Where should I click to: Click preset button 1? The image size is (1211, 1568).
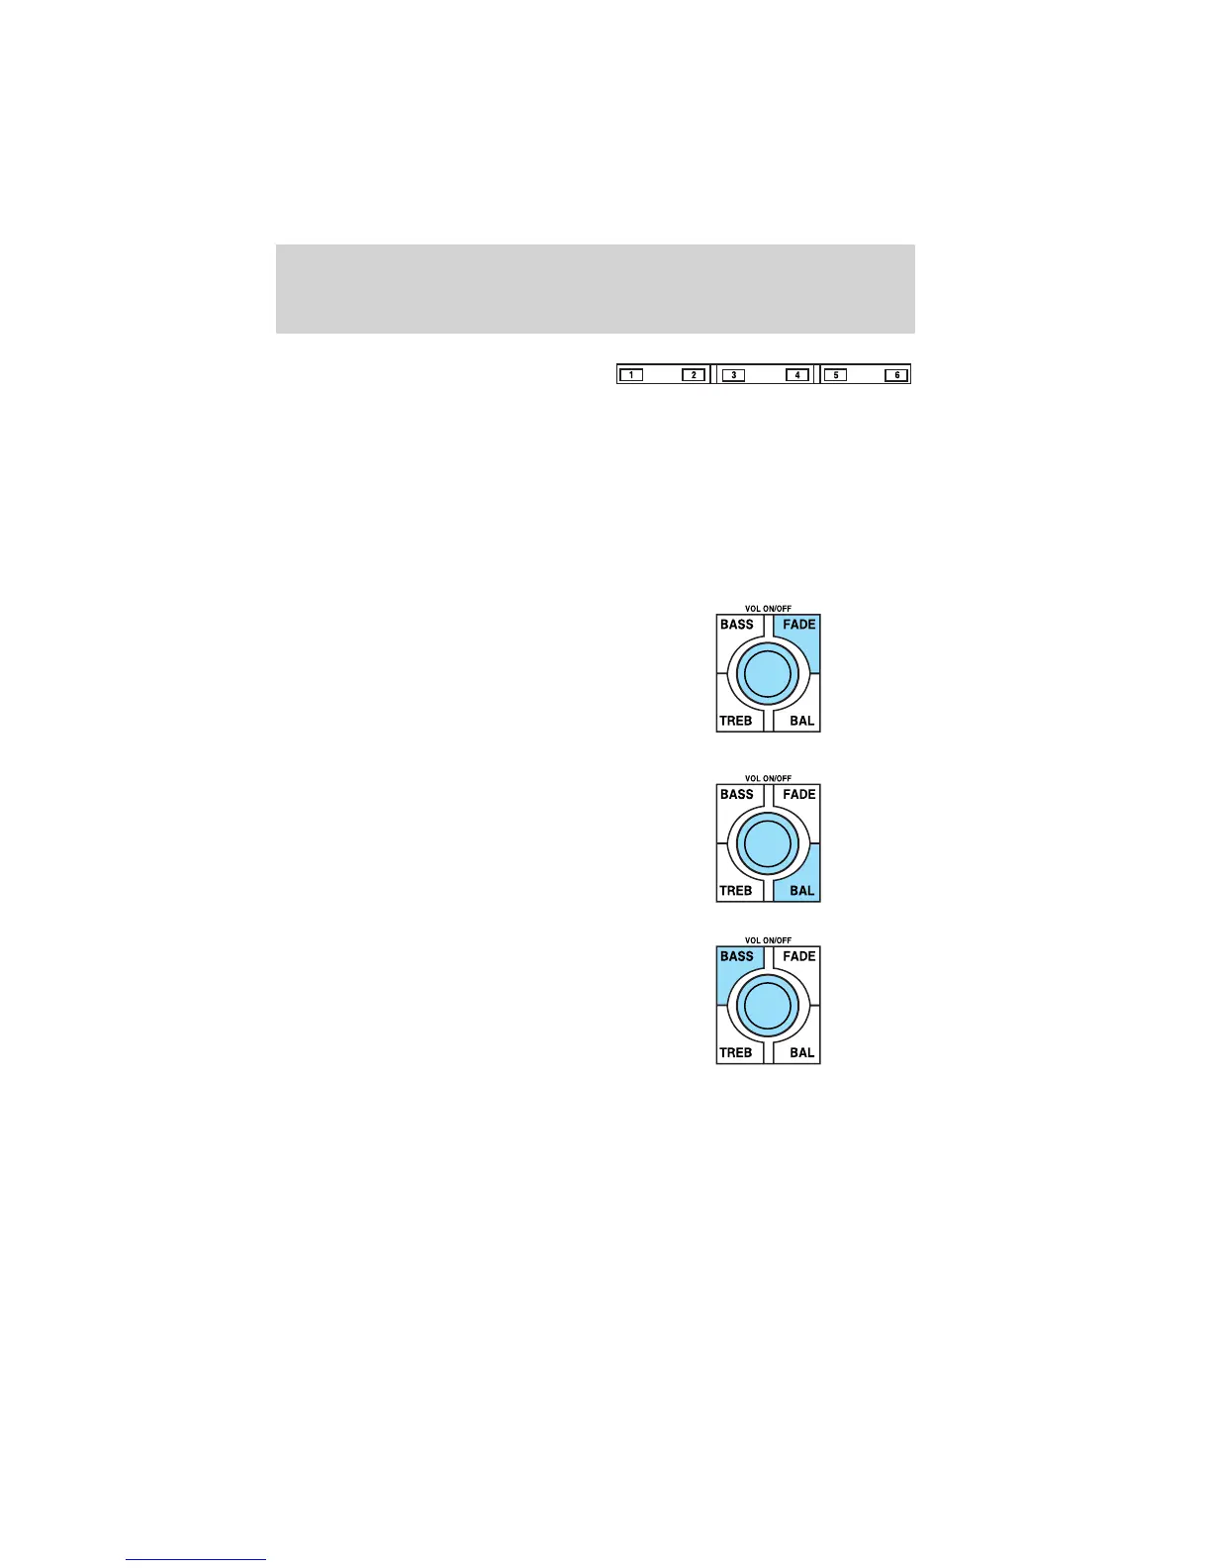[x=631, y=375]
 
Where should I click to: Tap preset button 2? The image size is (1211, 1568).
[x=694, y=375]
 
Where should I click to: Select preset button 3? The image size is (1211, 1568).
[x=733, y=375]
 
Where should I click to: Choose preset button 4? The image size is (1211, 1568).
[x=797, y=375]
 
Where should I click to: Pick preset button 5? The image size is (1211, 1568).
[x=835, y=375]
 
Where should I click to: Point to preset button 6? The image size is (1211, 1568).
[x=896, y=375]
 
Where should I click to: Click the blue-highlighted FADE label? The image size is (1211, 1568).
[x=799, y=625]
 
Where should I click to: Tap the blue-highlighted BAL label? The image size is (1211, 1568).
[x=801, y=891]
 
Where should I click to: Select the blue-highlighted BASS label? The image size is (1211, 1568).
[x=737, y=956]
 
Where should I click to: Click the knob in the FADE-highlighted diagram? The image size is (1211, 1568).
[x=768, y=674]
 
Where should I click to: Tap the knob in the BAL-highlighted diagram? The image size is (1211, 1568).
[x=768, y=844]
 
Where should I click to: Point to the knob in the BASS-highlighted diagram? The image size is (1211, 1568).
[x=768, y=1006]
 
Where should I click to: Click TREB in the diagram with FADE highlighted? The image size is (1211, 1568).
[x=736, y=721]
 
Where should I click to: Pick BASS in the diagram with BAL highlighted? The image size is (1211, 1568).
[x=737, y=794]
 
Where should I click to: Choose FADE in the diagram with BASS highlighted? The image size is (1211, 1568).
[x=799, y=956]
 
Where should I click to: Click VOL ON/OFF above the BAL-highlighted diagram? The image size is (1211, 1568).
[x=768, y=779]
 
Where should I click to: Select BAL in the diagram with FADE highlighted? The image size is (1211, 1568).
[x=801, y=721]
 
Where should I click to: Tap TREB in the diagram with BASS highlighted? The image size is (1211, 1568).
[x=736, y=1052]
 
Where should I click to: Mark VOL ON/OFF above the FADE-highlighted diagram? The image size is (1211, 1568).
[x=768, y=609]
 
